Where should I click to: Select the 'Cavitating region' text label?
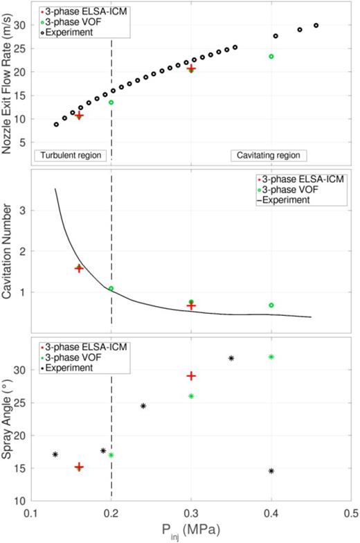coord(269,155)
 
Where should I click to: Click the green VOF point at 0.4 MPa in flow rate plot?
coord(271,56)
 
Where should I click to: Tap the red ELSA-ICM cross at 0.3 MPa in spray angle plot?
coord(191,375)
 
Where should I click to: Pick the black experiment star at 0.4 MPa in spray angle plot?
coord(271,471)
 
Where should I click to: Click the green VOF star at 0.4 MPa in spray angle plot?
coord(271,357)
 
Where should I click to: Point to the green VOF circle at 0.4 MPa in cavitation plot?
coord(271,305)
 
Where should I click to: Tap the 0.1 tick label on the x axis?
coord(30,514)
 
